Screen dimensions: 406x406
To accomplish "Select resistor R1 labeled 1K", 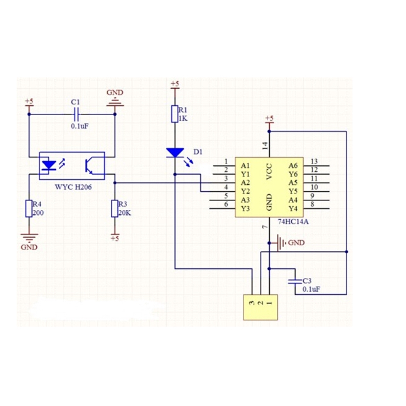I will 174,113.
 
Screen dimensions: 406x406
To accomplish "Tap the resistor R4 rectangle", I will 29,208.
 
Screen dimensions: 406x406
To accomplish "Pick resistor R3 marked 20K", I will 114,208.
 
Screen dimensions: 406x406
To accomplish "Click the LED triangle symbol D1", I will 175,153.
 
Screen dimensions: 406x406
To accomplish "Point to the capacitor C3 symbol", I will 295,281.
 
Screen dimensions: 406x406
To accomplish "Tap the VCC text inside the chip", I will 269,172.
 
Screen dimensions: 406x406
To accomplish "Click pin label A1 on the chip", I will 246,166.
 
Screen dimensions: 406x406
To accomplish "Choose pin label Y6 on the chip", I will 293,174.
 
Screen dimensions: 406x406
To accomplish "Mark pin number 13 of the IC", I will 314,161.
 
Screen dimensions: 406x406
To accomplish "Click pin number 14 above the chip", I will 265,145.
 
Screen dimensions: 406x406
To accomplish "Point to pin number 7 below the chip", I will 265,227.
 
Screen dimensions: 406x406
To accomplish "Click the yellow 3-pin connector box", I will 260,307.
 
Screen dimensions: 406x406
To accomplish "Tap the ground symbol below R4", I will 29,238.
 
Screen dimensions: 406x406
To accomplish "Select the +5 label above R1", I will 175,84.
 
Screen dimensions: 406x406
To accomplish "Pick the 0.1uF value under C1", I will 80,126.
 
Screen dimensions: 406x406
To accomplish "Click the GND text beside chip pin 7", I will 296,243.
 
